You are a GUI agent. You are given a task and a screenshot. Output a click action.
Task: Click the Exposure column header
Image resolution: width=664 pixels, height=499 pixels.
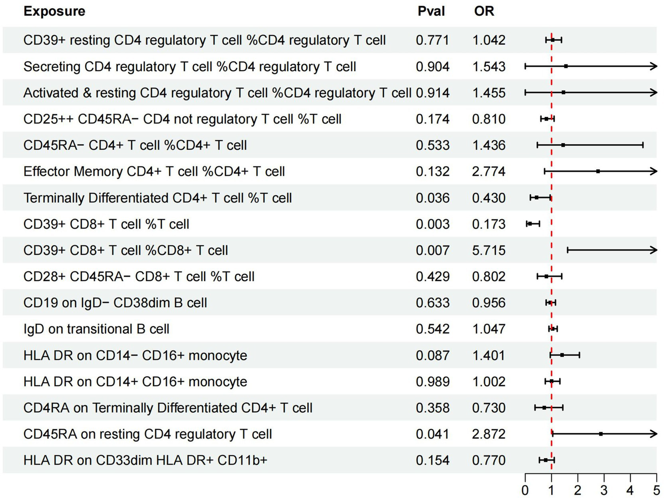(54, 11)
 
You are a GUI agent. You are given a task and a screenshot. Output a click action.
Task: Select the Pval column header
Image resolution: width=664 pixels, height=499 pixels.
(431, 11)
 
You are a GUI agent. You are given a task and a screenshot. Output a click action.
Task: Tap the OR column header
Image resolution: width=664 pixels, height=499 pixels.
(484, 11)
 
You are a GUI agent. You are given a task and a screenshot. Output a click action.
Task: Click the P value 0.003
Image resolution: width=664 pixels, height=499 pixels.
(432, 224)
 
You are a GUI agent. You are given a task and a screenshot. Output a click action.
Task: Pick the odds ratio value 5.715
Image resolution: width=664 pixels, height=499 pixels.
(488, 251)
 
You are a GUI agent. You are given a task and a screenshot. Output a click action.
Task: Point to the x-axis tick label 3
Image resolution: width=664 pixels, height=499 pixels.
(604, 490)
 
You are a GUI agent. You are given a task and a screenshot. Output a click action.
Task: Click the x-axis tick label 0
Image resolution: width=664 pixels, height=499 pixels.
(525, 490)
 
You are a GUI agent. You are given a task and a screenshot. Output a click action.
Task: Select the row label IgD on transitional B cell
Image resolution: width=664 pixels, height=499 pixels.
(96, 329)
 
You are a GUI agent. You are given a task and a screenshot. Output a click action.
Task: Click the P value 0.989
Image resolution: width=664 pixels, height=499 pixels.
(432, 382)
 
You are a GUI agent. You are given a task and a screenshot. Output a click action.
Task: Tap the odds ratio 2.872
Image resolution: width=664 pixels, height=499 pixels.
(488, 434)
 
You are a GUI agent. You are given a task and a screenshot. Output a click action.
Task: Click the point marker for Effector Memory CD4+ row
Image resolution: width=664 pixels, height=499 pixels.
(598, 171)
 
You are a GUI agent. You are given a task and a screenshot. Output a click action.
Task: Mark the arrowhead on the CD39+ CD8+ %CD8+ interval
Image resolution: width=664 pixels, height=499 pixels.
(654, 250)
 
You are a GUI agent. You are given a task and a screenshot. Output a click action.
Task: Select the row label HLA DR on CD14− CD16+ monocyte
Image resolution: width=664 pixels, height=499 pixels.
(135, 356)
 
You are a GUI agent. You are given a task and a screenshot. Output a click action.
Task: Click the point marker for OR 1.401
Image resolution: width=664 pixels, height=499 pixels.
(562, 355)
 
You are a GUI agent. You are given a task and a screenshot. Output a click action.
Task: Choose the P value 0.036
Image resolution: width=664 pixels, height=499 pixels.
(432, 198)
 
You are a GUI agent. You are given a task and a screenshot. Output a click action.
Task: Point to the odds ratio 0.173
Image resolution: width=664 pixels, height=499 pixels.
(488, 224)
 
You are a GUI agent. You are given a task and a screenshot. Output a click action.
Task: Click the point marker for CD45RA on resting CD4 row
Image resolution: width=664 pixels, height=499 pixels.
(600, 434)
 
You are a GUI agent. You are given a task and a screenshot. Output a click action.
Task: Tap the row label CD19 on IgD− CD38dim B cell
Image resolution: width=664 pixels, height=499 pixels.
(115, 303)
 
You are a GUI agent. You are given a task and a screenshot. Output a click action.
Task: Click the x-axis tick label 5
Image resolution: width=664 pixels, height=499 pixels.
(656, 490)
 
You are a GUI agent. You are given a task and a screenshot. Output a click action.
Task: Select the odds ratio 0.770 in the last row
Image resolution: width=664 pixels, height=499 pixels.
(488, 460)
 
